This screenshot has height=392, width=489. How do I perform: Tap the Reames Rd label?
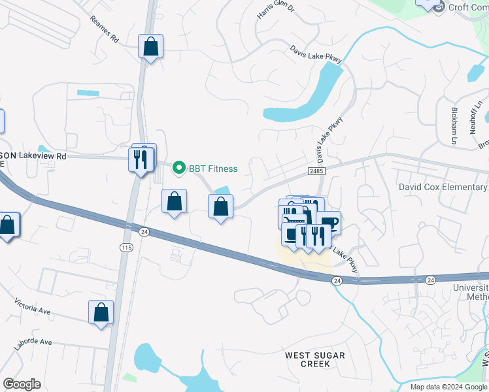(105, 30)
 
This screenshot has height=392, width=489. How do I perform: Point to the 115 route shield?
(126, 247)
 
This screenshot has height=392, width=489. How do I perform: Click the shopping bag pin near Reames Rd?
(150, 47)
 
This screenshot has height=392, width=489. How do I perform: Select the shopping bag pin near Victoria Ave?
(101, 313)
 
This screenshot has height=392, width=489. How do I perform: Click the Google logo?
(22, 384)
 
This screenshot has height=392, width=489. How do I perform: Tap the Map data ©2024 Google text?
(448, 387)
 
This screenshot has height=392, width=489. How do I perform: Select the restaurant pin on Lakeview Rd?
(140, 160)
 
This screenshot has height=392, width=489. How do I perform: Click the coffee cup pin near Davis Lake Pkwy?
(329, 223)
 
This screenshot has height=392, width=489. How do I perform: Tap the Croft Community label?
(468, 7)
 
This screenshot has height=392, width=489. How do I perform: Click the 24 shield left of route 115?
(144, 231)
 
